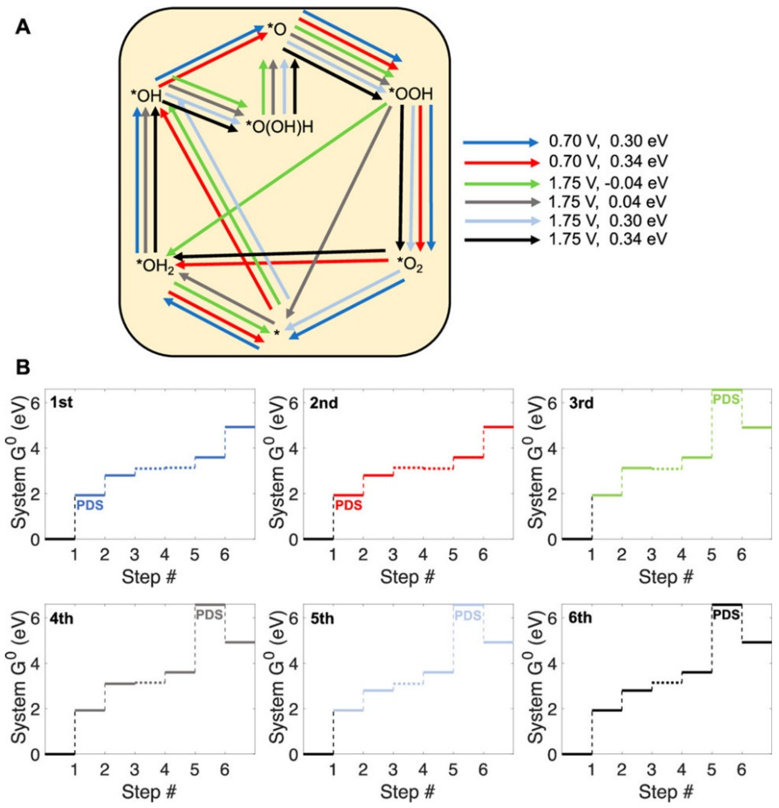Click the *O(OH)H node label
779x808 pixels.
pos(279,127)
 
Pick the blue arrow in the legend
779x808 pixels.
pos(500,143)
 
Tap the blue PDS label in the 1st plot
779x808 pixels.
pos(90,505)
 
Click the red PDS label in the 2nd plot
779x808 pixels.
pos(348,505)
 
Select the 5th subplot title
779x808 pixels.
pos(322,619)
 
